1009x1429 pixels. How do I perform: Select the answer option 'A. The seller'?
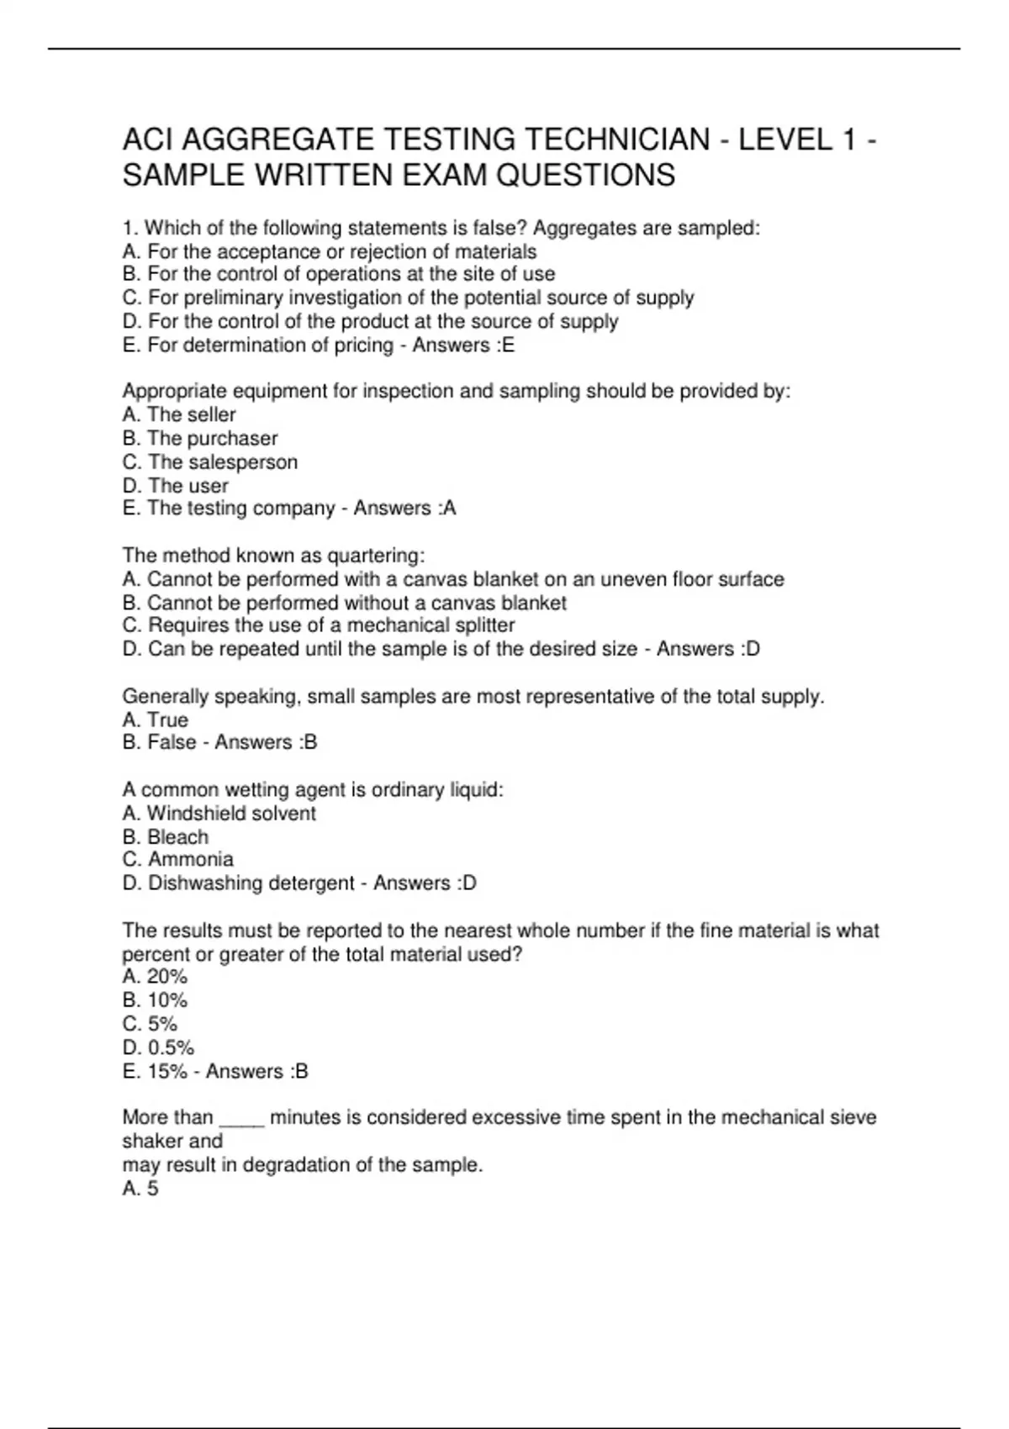[x=179, y=414]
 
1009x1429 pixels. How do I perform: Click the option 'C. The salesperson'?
[x=210, y=461]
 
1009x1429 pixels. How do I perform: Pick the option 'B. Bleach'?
[x=166, y=836]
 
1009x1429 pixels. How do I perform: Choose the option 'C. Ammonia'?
[x=178, y=859]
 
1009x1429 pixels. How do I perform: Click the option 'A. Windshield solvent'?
[x=219, y=813]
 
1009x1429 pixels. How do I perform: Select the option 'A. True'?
[x=156, y=720]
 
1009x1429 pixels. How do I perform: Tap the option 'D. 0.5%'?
[x=159, y=1047]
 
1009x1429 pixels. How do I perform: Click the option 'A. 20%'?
[x=155, y=977]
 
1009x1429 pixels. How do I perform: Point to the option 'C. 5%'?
[x=151, y=1024]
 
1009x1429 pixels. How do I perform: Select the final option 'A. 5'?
[x=140, y=1189]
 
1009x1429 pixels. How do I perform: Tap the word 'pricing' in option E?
[x=362, y=345]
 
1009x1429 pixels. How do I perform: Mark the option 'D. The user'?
[x=176, y=486]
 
